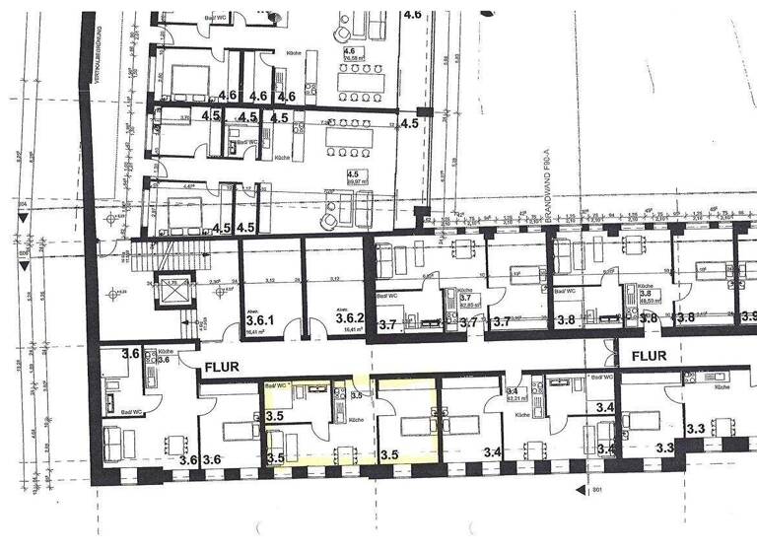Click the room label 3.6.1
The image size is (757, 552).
[261, 319]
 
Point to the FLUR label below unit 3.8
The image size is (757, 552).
[651, 354]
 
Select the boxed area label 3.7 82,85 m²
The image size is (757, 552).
[470, 301]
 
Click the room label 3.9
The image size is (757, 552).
[748, 317]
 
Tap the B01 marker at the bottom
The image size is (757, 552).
[595, 490]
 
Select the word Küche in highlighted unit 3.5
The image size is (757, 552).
[353, 421]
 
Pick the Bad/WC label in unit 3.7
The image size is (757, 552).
[385, 295]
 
